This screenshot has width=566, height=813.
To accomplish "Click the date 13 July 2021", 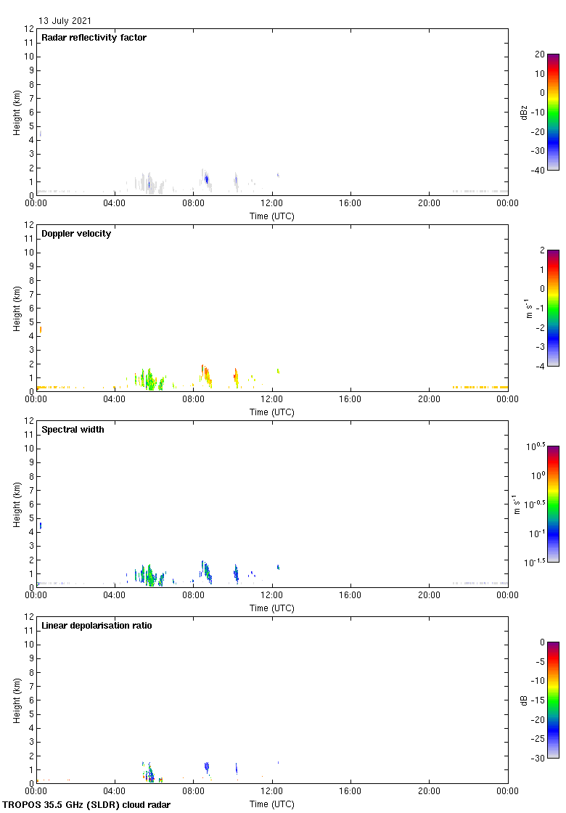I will [x=65, y=21].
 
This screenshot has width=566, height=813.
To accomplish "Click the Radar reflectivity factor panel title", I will [x=94, y=38].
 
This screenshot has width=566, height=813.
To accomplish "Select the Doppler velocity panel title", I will [x=76, y=234].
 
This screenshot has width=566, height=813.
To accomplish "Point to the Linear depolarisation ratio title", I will [x=97, y=626].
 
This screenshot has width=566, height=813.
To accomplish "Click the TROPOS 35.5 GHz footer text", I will [x=87, y=805].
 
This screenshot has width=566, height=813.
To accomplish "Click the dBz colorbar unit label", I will [x=524, y=112].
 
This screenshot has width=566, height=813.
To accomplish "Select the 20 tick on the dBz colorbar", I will [x=540, y=54].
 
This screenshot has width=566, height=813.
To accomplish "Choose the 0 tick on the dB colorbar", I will [x=540, y=642].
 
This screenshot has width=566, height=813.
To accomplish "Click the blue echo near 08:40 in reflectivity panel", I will [x=207, y=179].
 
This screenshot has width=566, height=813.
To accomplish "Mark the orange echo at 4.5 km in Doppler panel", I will [x=41, y=330].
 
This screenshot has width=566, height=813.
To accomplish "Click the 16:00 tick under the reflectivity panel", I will [x=350, y=203].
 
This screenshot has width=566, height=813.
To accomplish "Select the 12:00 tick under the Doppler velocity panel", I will [x=272, y=399].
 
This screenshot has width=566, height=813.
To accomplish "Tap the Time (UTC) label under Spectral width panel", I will [x=272, y=608].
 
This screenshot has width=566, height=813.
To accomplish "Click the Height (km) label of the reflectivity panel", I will [x=17, y=112].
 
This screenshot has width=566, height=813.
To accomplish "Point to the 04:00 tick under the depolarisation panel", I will [x=115, y=791].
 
